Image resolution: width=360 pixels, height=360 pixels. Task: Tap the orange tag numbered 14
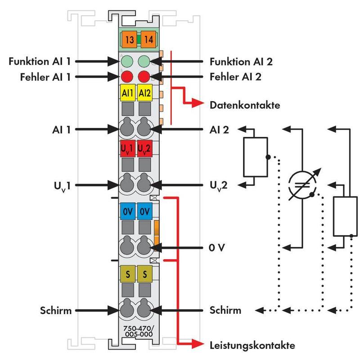point(148,40)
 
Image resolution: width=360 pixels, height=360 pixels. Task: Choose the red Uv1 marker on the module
point(127,148)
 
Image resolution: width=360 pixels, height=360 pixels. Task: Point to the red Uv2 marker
point(144,148)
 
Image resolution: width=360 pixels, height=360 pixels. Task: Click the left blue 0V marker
point(127,211)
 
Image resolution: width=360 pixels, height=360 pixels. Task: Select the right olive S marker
point(144,274)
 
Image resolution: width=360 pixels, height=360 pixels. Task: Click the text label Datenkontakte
point(245,106)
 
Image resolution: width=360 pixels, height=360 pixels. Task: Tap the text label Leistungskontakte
point(252,346)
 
